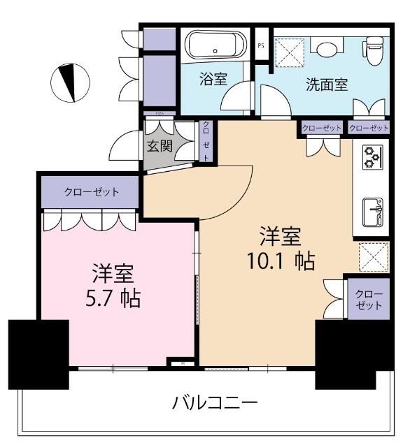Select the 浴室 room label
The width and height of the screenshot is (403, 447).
coord(213,79)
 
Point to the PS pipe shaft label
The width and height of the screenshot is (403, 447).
coord(262,45)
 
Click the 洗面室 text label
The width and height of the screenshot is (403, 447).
coord(327,85)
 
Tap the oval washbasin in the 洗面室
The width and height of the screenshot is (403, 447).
coord(325,46)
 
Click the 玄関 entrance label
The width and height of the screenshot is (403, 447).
coord(160,147)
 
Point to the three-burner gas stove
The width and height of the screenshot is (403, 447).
coord(370,159)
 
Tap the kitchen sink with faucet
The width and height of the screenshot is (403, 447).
coord(371,209)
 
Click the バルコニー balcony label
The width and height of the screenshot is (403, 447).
coord(215,403)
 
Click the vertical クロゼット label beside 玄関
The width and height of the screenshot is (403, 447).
coord(206,142)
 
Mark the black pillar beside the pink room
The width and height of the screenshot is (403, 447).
coord(38,353)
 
